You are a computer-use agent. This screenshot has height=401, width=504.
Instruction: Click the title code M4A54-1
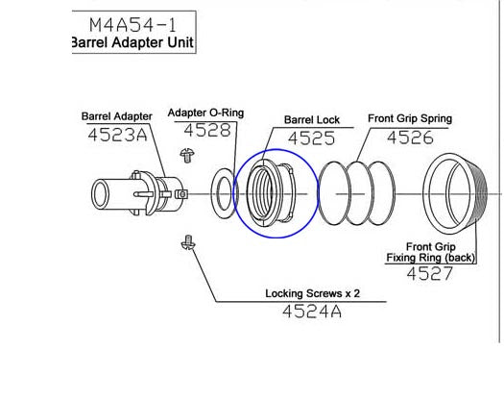pyautogui.click(x=132, y=25)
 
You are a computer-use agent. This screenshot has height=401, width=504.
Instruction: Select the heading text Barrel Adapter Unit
pyautogui.click(x=132, y=42)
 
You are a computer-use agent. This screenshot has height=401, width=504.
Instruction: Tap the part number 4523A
pyautogui.click(x=117, y=135)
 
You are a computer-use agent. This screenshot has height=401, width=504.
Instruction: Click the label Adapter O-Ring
pyautogui.click(x=205, y=113)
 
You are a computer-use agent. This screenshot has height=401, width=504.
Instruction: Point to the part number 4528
pyautogui.click(x=207, y=130)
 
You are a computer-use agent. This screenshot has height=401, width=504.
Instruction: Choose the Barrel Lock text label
pyautogui.click(x=312, y=120)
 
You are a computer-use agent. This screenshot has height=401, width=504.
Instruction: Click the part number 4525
pyautogui.click(x=311, y=138)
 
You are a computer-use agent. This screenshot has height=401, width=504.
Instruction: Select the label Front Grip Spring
pyautogui.click(x=410, y=118)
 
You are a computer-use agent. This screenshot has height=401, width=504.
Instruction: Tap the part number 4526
pyautogui.click(x=410, y=138)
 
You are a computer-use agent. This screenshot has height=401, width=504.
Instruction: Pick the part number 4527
pyautogui.click(x=430, y=274)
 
